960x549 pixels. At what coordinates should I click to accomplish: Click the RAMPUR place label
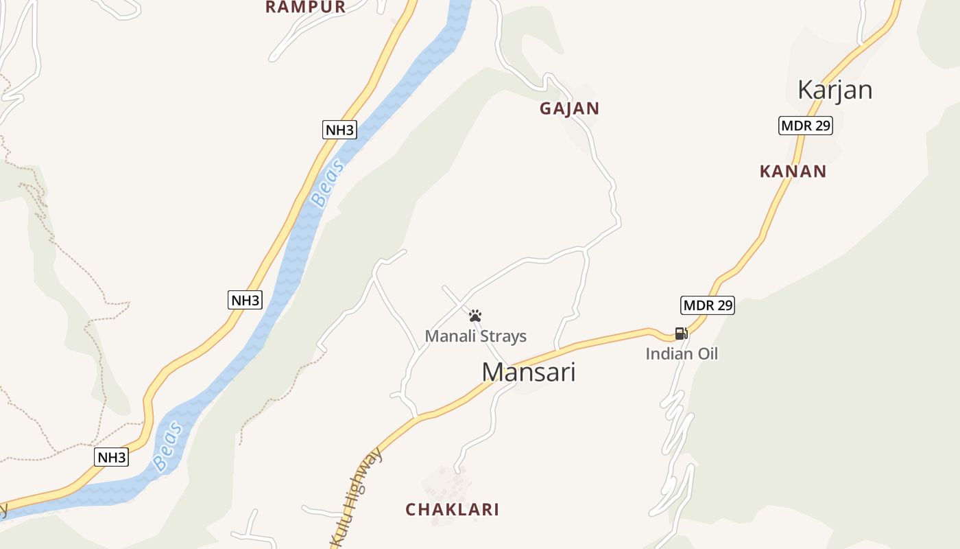pos(305,8)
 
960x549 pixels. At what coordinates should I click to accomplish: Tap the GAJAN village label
pos(569,108)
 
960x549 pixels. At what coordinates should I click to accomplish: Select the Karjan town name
pos(835,90)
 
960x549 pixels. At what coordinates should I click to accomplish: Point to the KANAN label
pos(793,172)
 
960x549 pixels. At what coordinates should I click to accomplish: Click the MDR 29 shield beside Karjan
pos(806,126)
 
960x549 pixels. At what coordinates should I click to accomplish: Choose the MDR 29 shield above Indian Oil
pos(707,305)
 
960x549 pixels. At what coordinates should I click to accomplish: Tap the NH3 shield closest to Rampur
pos(339,130)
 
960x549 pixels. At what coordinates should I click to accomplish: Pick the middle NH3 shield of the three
pos(245,300)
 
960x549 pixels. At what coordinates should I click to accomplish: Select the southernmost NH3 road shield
pos(111,458)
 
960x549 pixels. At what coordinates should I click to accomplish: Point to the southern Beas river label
pos(168,447)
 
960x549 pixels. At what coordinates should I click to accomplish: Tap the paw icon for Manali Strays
pos(475,316)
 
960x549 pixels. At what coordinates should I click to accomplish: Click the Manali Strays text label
pos(475,336)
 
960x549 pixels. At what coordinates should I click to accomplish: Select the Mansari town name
pos(528,372)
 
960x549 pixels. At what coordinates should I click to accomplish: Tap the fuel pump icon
pos(681,334)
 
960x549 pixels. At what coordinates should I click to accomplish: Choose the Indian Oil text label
pos(681,354)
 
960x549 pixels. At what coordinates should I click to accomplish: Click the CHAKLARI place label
pos(452,510)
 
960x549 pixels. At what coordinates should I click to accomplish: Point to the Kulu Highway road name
pos(357,498)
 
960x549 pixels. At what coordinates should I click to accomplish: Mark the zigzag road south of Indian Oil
pos(675,439)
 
